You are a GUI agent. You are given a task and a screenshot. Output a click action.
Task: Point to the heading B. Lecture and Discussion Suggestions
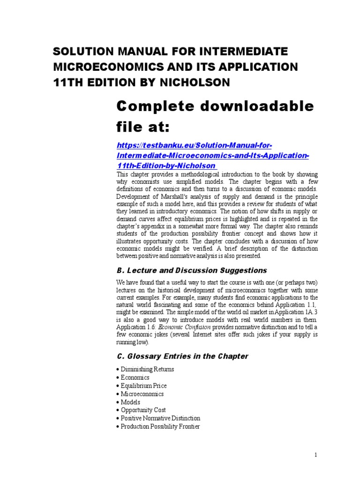[191, 270]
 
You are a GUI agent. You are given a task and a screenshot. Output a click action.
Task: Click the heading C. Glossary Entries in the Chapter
[182, 356]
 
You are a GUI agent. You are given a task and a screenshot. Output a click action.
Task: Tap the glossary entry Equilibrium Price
[143, 386]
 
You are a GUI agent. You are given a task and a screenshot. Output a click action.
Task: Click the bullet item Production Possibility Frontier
[160, 427]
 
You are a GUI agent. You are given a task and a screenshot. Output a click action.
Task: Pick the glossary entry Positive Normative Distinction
[160, 418]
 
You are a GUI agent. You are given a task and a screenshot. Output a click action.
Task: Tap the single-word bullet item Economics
[135, 377]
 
